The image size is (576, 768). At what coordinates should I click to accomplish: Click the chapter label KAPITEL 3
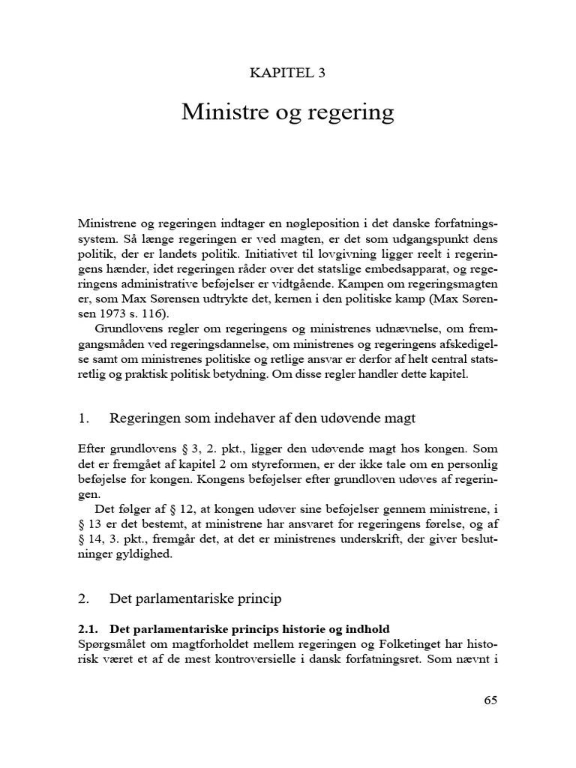(287, 73)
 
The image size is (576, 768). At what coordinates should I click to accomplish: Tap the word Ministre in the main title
(217, 112)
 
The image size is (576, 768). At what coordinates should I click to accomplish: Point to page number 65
(490, 700)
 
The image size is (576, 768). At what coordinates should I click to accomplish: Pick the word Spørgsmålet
(112, 643)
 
